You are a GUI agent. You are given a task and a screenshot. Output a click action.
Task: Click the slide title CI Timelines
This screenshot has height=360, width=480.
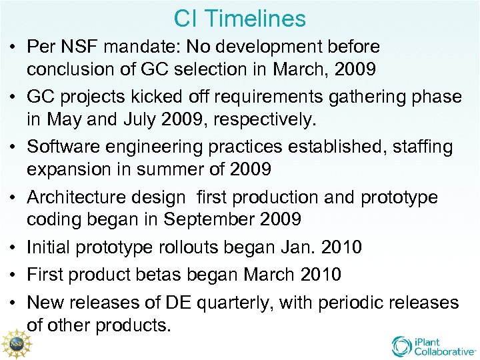[x=240, y=18]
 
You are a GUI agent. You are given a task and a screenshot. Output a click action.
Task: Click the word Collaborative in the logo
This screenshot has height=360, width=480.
[x=445, y=351]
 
